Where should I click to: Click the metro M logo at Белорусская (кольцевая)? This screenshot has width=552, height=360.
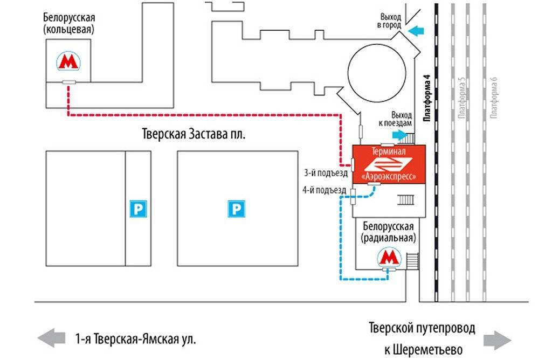coord(68,62)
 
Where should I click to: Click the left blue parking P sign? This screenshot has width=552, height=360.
coord(139,209)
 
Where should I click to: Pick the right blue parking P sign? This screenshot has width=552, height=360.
coord(236,209)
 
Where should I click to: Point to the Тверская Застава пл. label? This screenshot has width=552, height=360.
coord(194,134)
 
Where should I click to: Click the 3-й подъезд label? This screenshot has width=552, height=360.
coord(326,173)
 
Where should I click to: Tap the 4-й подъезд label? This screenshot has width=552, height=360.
coord(326,190)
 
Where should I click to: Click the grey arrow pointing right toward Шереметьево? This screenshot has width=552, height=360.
coord(497,340)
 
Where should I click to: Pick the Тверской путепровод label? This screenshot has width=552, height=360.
coord(422,328)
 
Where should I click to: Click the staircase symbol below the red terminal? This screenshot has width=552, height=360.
coord(406,200)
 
